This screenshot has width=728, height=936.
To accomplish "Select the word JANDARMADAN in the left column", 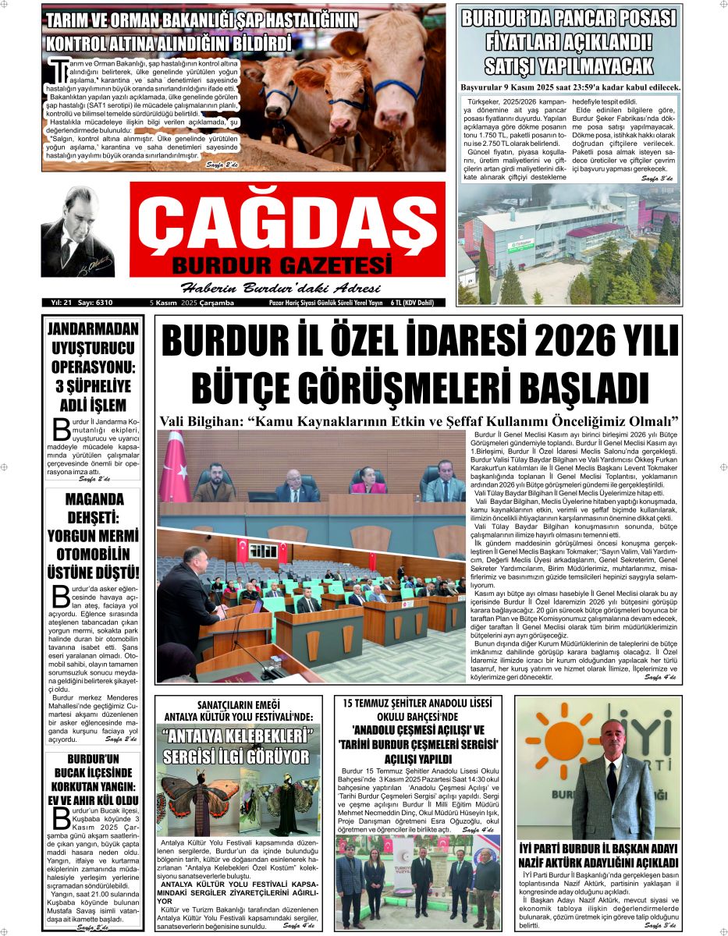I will click(93, 328).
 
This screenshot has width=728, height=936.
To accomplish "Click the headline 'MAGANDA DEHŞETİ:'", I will click(93, 509).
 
